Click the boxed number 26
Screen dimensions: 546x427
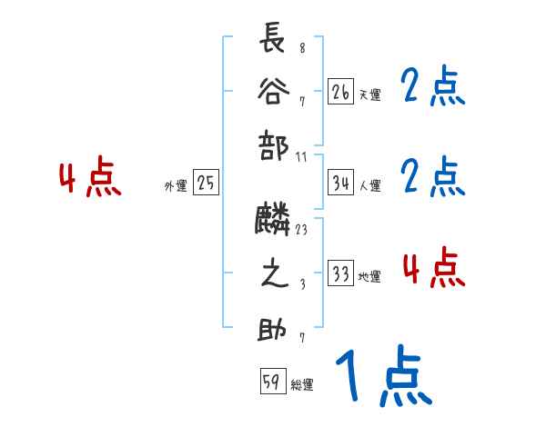(x=340, y=92)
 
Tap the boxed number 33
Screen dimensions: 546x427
(x=340, y=274)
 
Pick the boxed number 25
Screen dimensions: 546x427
(x=206, y=184)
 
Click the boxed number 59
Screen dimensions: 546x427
(x=272, y=382)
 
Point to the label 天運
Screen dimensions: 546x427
(x=369, y=94)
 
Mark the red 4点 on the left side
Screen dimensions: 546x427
(x=90, y=178)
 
